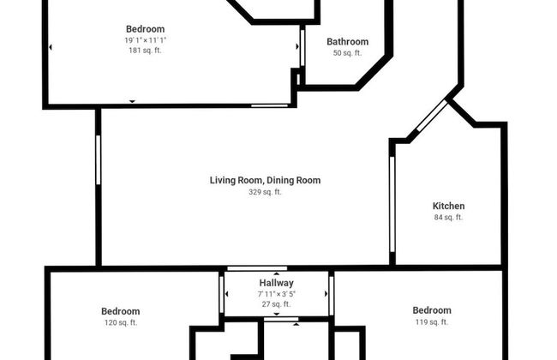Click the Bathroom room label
(347, 41)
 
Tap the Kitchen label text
(448, 206)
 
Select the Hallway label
(276, 283)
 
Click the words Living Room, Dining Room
(265, 180)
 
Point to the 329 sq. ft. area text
(265, 192)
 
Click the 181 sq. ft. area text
(145, 51)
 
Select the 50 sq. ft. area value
(347, 53)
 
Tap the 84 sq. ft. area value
(448, 218)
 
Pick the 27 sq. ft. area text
(276, 304)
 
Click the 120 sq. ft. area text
(120, 322)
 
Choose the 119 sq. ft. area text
(431, 322)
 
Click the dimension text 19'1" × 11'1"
(145, 40)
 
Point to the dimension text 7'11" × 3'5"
(276, 294)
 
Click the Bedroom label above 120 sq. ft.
(120, 311)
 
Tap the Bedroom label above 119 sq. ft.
(431, 310)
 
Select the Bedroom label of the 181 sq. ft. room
(145, 29)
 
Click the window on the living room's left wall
(99, 159)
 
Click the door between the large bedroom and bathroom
(302, 47)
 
